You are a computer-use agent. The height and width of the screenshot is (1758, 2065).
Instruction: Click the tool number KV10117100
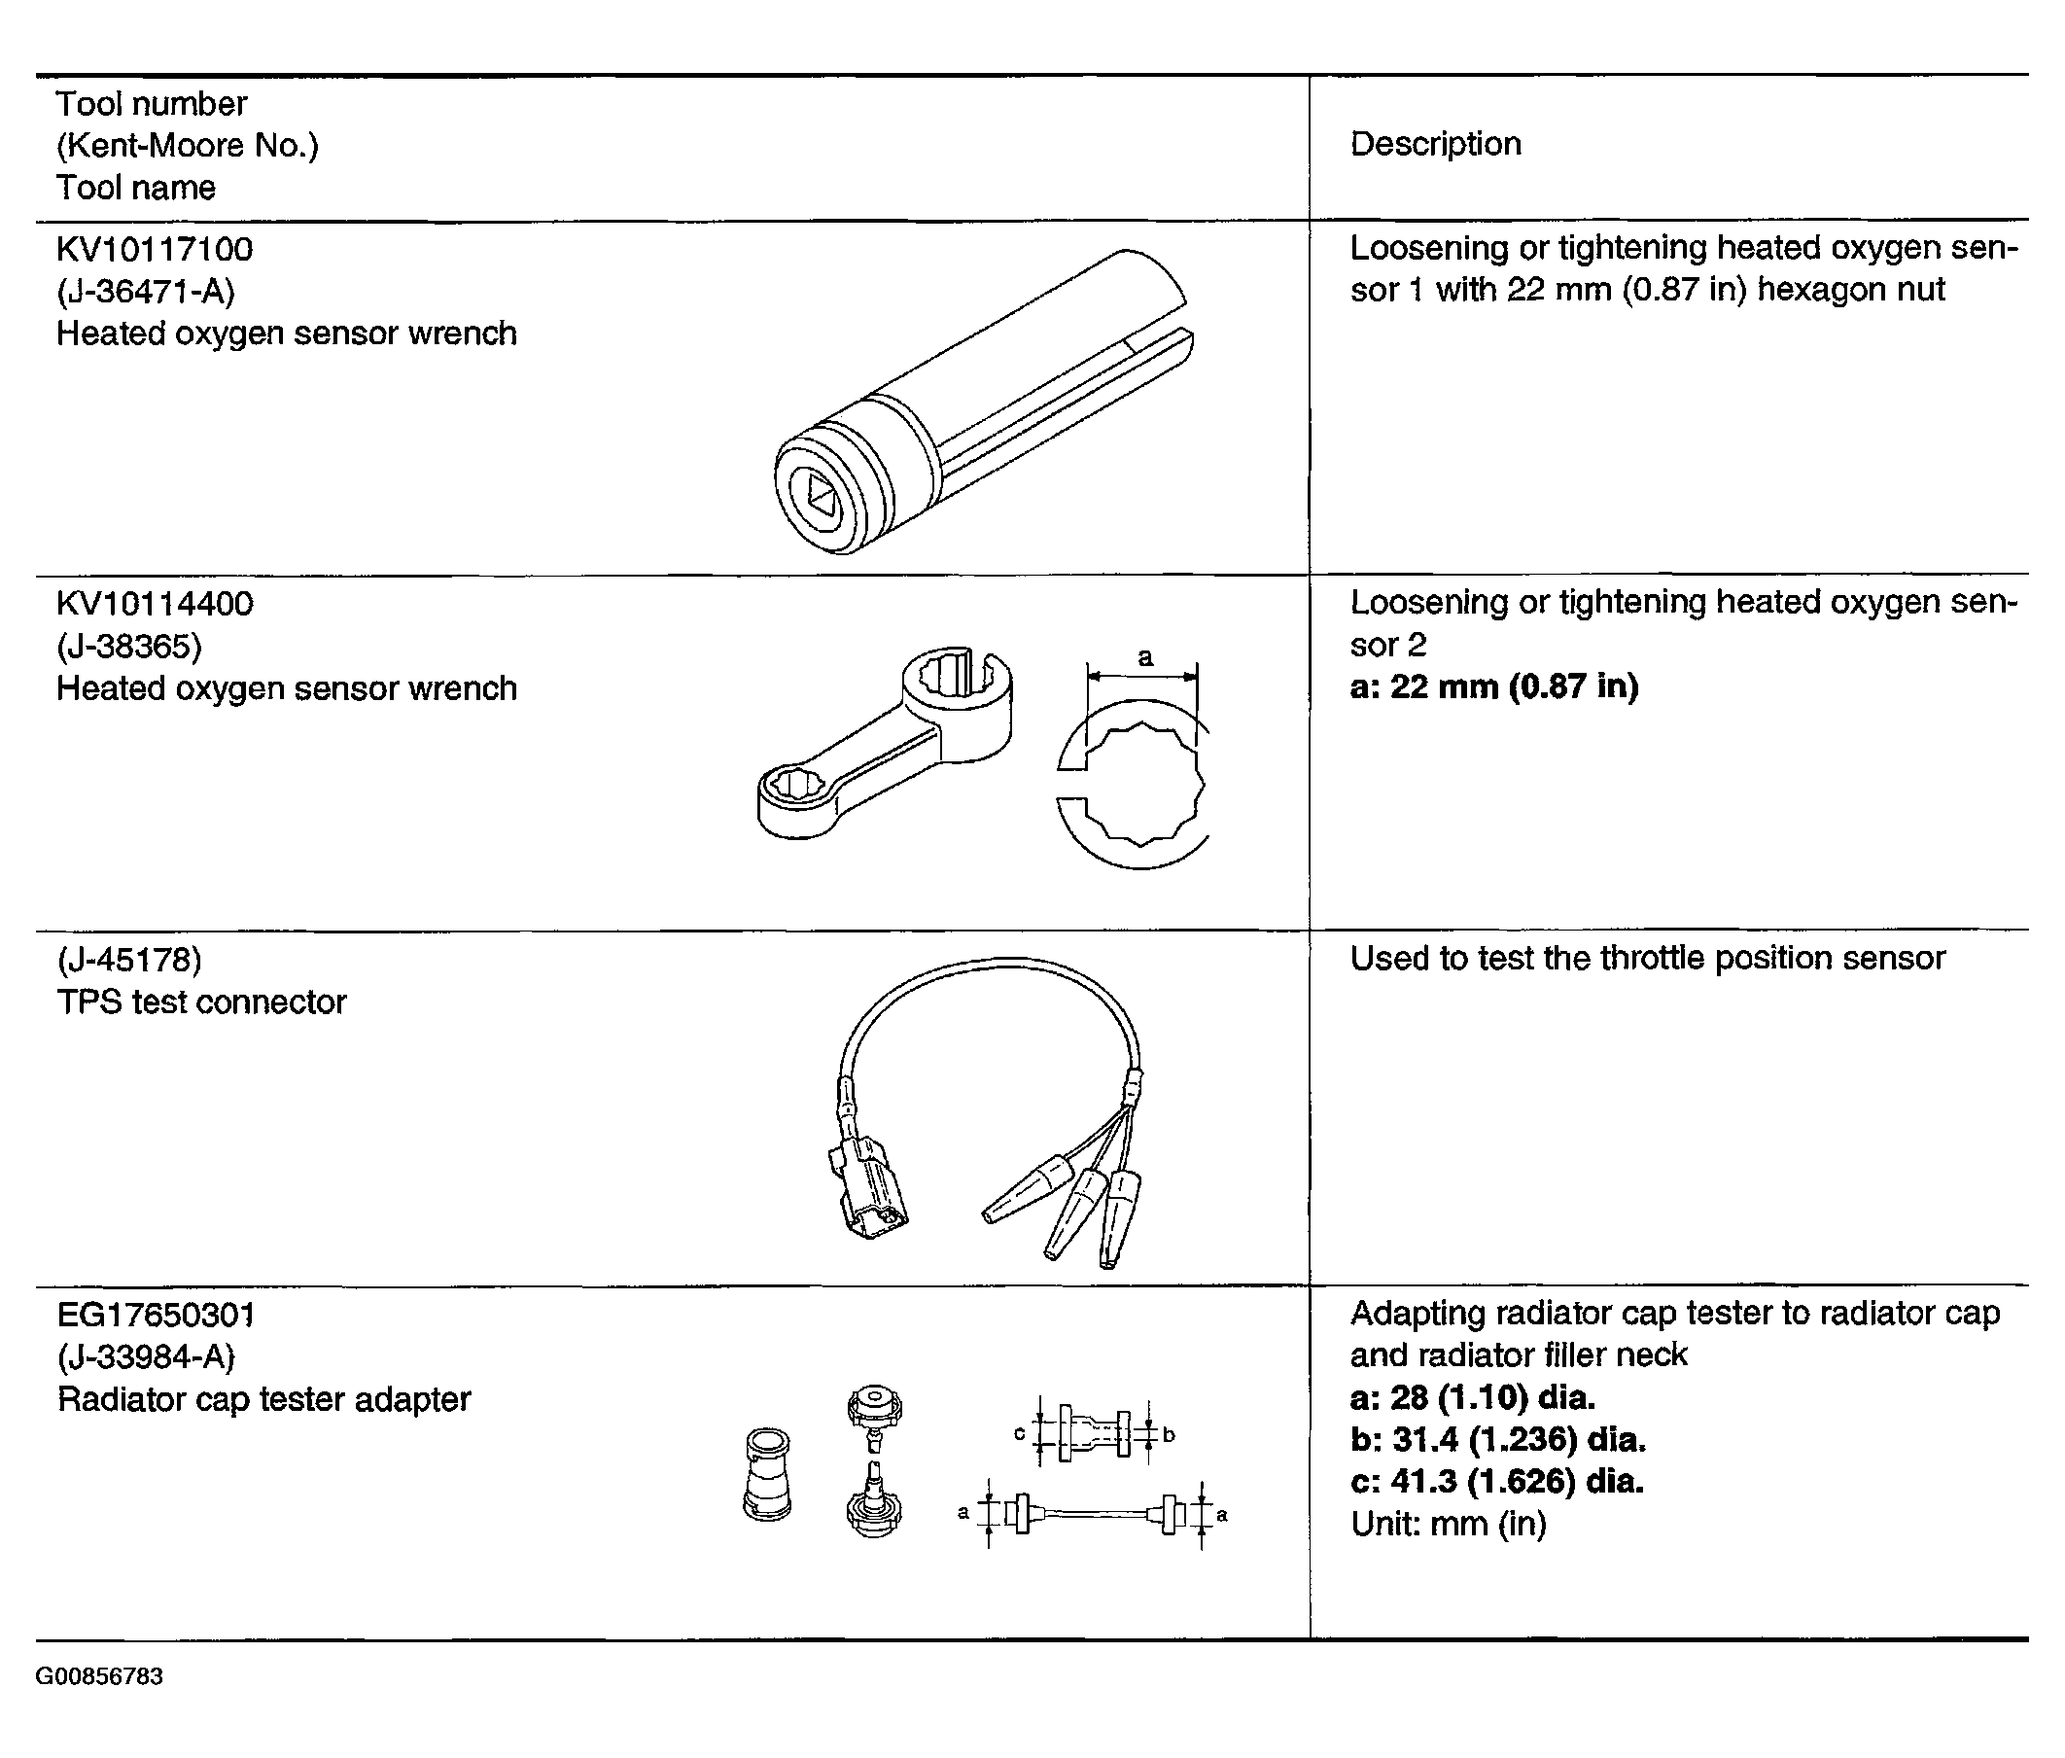click(155, 249)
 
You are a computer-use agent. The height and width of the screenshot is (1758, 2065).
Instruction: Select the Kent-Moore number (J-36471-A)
click(146, 292)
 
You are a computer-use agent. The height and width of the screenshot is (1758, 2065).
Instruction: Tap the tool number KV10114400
click(155, 604)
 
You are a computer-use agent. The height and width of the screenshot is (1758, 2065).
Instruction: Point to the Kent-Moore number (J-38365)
click(129, 647)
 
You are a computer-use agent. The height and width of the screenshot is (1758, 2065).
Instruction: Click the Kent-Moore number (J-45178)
click(129, 960)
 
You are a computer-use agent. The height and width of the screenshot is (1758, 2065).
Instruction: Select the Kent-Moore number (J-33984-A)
click(147, 1357)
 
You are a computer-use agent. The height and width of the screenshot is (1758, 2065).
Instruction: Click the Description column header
click(1435, 145)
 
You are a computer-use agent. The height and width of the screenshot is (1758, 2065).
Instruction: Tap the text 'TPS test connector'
click(201, 1002)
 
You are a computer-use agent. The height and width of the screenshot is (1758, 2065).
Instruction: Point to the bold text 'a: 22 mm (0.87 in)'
click(1494, 687)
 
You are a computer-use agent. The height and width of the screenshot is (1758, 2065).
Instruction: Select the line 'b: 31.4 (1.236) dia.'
click(1498, 1440)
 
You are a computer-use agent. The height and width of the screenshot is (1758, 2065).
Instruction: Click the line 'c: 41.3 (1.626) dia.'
click(1497, 1482)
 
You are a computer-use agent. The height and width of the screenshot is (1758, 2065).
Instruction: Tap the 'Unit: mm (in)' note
click(1448, 1525)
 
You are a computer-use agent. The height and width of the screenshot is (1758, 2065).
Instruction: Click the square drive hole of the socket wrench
click(820, 494)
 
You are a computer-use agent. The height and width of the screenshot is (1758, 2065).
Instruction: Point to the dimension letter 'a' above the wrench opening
click(1145, 657)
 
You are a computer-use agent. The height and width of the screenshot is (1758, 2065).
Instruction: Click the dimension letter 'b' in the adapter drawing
click(1169, 1435)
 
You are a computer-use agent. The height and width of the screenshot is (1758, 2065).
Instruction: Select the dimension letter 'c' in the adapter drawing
click(1019, 1433)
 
